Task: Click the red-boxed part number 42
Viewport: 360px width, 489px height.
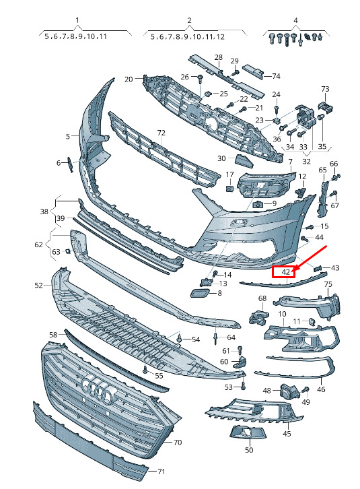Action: point(285,272)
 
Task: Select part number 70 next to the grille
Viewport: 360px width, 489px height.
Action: point(178,443)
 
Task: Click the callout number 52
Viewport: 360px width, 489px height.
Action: point(38,285)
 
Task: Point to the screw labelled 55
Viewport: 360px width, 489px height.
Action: point(145,370)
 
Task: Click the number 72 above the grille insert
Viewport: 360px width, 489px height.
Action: point(161,133)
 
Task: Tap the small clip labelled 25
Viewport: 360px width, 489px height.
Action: point(208,94)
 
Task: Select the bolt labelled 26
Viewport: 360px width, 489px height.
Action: point(200,79)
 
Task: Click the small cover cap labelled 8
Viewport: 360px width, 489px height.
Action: point(199,294)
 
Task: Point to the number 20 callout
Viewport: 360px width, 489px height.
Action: point(129,79)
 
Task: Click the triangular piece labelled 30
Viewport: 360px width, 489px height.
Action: point(244,160)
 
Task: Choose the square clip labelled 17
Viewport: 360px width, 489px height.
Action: point(229,189)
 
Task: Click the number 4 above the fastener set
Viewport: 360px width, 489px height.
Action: point(295,20)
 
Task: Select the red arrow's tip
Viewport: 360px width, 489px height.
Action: point(293,270)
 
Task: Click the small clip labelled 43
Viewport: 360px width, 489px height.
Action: point(317,268)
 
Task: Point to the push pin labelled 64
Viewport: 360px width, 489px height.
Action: point(215,337)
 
